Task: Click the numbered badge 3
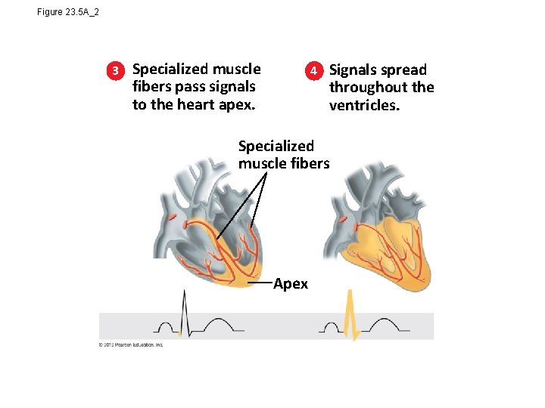(x=116, y=71)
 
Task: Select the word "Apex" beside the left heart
(x=291, y=284)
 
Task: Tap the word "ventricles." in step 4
(x=363, y=105)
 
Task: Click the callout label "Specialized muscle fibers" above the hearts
(x=284, y=154)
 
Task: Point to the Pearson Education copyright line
(x=130, y=345)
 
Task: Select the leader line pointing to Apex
(x=260, y=284)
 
